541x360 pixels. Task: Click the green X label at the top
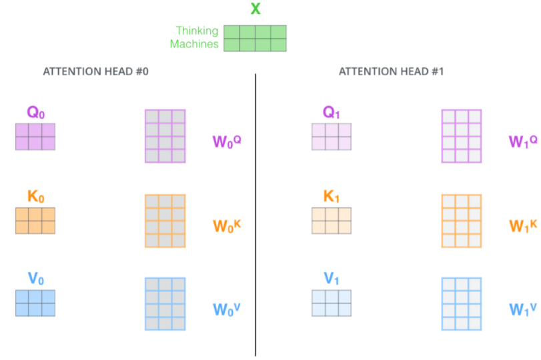(x=255, y=9)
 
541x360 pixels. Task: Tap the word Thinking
(x=197, y=31)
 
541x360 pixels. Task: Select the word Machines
(x=194, y=44)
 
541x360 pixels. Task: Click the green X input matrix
(x=255, y=38)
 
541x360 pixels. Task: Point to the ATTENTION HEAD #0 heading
(x=95, y=71)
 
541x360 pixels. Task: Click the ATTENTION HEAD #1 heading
(x=391, y=71)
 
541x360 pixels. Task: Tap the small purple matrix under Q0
(x=35, y=137)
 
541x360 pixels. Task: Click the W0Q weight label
(x=227, y=141)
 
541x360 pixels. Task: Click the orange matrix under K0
(x=35, y=221)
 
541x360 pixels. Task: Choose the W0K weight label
(x=227, y=225)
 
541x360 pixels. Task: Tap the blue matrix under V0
(x=35, y=303)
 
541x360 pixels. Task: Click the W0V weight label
(x=227, y=309)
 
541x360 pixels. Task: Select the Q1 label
(x=332, y=113)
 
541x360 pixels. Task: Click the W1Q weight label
(x=523, y=141)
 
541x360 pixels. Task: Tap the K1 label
(x=332, y=197)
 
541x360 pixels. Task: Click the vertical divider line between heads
(x=255, y=213)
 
